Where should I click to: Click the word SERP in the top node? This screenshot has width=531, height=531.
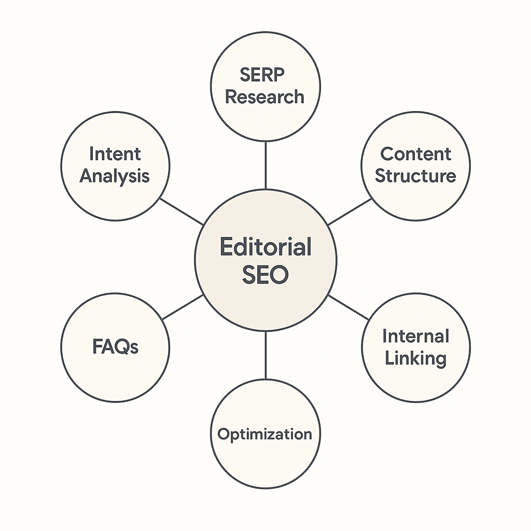point(262,75)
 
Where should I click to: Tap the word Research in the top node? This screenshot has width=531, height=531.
point(265,97)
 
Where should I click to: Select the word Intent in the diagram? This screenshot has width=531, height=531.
point(115,154)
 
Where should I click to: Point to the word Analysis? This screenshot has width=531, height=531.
point(115,176)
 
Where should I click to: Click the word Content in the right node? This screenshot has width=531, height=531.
point(415,154)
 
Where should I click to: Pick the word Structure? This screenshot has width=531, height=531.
point(415,176)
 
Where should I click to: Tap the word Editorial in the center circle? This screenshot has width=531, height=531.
point(265,247)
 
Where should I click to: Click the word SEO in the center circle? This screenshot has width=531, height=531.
point(265,275)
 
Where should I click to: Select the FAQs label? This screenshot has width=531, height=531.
point(115,347)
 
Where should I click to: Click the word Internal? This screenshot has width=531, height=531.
point(415,336)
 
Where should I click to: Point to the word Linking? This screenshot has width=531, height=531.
point(415,358)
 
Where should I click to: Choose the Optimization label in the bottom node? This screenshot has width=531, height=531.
point(265,434)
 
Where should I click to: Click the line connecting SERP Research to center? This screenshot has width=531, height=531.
point(265,165)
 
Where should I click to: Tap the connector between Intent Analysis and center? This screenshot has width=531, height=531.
point(181,212)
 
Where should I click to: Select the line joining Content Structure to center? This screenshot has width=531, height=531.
point(350,212)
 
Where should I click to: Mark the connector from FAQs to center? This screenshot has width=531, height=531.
point(181,308)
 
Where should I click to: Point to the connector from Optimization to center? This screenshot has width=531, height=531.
point(265,355)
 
